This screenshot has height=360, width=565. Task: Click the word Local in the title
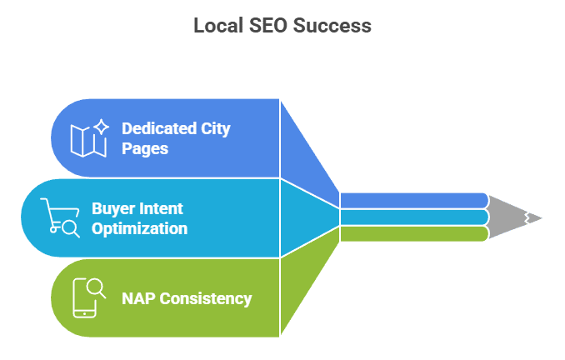[217, 26]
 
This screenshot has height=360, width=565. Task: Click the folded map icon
[87, 142]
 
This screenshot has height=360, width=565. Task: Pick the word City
[215, 128]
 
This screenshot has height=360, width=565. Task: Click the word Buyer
[113, 208]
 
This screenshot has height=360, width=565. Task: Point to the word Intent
[162, 208]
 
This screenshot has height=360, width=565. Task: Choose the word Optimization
[139, 228]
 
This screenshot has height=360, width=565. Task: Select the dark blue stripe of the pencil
[412, 200]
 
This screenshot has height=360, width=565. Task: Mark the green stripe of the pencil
[412, 234]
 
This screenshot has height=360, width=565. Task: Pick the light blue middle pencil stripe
[412, 217]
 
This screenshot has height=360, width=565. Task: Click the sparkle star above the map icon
[101, 127]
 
